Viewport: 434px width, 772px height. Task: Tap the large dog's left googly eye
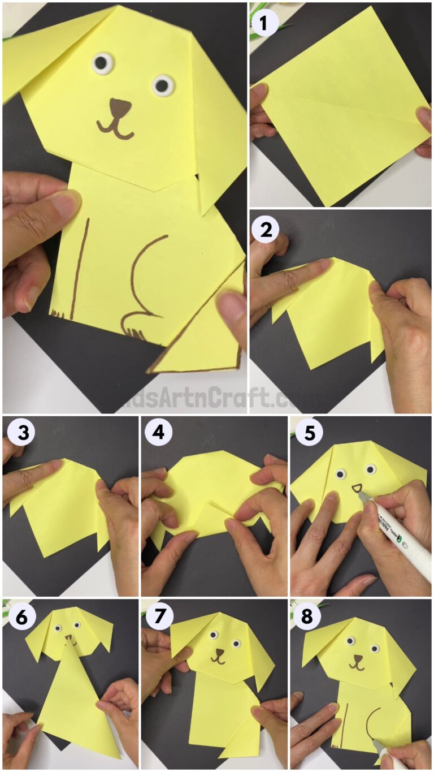[102, 61]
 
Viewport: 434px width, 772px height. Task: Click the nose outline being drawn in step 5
[357, 488]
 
